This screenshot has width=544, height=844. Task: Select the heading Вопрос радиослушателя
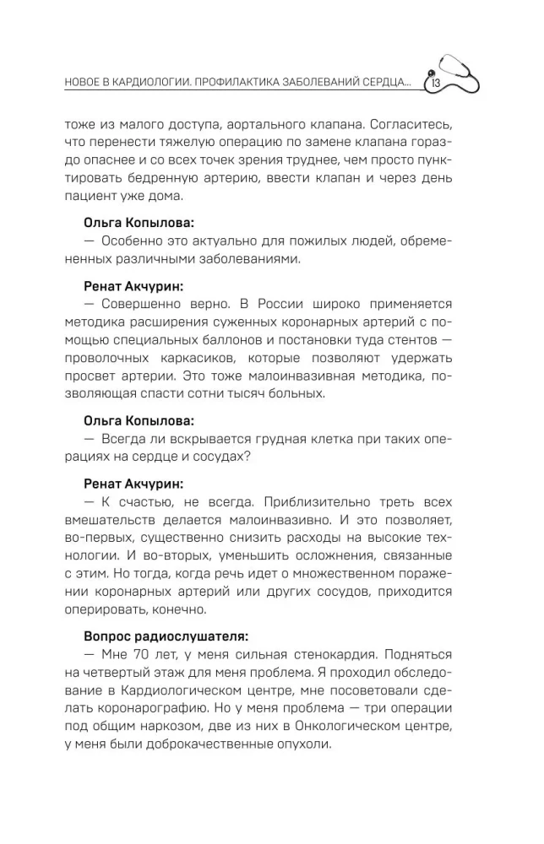(166, 636)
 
